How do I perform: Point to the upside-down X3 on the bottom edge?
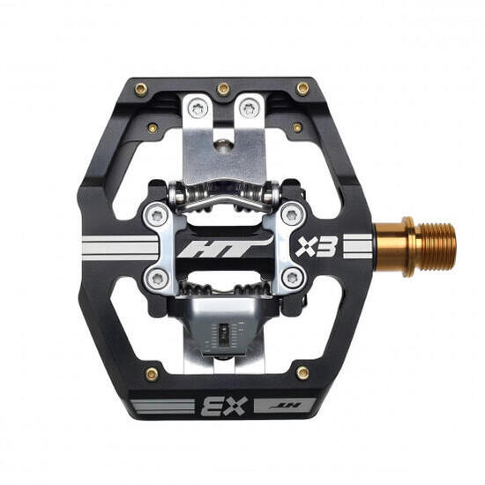pyautogui.click(x=216, y=407)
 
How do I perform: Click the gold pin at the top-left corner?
pyautogui.click(x=142, y=88)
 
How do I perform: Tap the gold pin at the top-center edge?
pyautogui.click(x=223, y=88)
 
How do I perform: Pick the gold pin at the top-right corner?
pyautogui.click(x=302, y=88)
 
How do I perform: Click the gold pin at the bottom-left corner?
pyautogui.click(x=152, y=373)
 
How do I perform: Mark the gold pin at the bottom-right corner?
pyautogui.click(x=302, y=373)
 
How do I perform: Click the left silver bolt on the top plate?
pyautogui.click(x=197, y=108)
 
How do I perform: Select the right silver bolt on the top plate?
pyautogui.click(x=250, y=108)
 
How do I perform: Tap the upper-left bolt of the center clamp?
pyautogui.click(x=156, y=214)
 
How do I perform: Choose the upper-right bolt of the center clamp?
pyautogui.click(x=290, y=214)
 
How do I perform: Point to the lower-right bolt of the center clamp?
pyautogui.click(x=290, y=279)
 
